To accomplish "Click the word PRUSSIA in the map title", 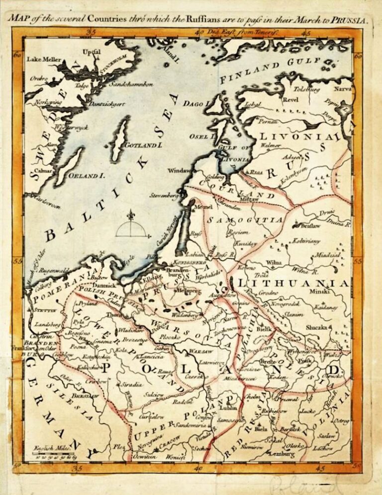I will point(351,21).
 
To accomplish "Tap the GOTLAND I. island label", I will point(144,145).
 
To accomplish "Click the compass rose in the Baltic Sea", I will point(131,226).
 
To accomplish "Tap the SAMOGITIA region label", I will point(245,219).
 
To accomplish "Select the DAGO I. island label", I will point(194,104).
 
